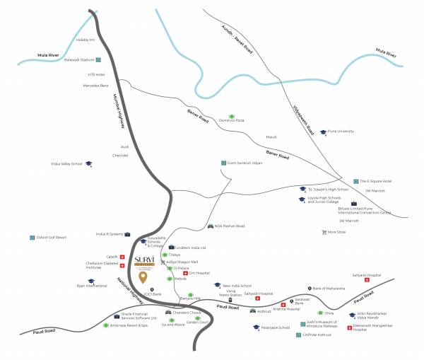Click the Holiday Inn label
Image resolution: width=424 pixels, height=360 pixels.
(x=85, y=40)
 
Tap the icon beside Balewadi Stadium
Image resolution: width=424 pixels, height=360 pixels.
(x=98, y=60)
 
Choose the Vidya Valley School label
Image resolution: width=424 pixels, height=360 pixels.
(x=66, y=164)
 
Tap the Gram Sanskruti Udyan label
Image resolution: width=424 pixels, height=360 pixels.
(x=245, y=162)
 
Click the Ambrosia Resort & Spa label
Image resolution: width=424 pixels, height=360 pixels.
(x=129, y=325)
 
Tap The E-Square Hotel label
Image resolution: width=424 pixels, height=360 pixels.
(x=377, y=181)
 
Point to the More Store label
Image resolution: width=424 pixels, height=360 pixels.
(x=337, y=232)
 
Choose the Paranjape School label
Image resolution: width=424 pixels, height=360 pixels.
(x=276, y=327)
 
